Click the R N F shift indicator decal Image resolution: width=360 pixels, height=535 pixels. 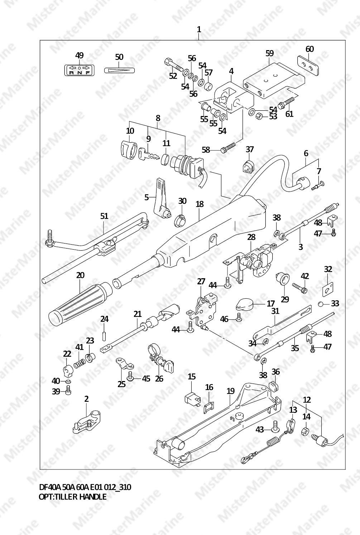[x=79, y=70]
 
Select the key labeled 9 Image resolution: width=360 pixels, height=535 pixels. [x=149, y=153]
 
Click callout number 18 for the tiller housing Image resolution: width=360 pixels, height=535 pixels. [x=200, y=204]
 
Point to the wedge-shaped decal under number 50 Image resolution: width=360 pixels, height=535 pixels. [x=119, y=70]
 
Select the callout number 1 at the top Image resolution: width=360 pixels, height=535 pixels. [x=199, y=30]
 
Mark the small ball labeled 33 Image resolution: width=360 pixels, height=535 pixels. [x=321, y=304]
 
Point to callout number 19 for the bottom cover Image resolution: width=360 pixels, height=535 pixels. [x=231, y=391]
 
